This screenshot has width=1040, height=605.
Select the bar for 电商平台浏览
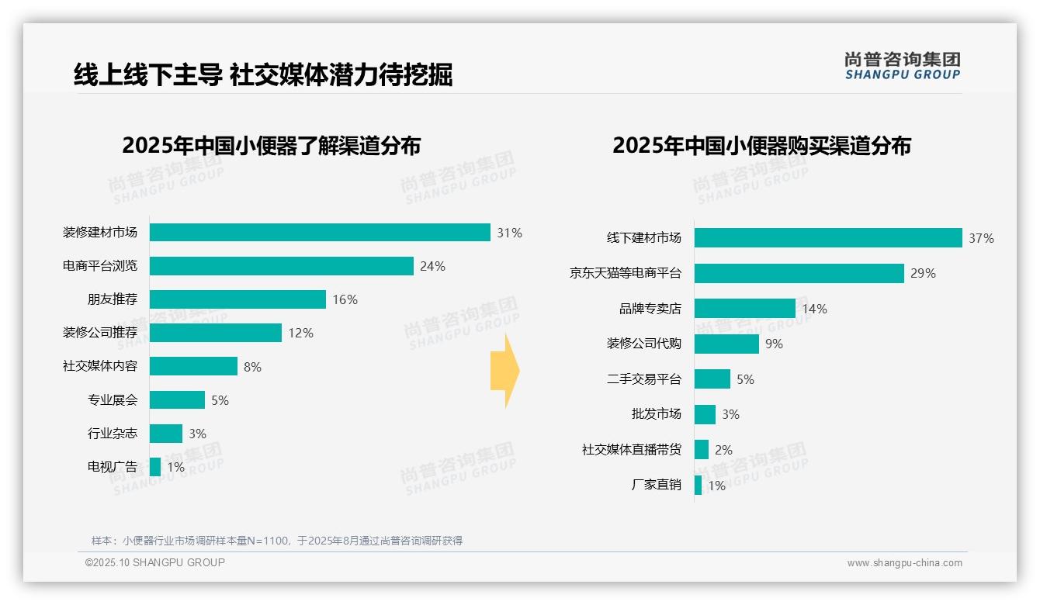(x=281, y=266)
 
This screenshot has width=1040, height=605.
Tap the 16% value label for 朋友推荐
(x=345, y=299)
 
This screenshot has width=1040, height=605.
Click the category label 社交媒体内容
(x=100, y=365)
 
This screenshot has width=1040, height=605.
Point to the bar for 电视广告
(x=155, y=467)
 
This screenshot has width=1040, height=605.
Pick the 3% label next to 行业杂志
(x=197, y=434)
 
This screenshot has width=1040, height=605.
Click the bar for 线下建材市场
(x=828, y=238)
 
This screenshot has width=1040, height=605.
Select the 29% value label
(x=923, y=273)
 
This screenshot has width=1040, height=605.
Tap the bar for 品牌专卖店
(x=745, y=309)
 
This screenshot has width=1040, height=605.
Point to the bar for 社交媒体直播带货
(x=702, y=450)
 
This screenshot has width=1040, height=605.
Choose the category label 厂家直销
(x=656, y=485)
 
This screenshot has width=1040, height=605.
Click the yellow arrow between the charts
(x=504, y=372)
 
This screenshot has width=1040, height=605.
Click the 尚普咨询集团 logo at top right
(x=902, y=65)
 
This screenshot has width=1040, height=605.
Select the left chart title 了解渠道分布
(x=271, y=145)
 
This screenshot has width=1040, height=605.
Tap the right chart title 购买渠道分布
(x=761, y=145)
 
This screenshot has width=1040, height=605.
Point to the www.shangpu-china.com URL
(x=904, y=563)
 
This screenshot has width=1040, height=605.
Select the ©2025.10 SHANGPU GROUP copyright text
(x=155, y=562)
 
